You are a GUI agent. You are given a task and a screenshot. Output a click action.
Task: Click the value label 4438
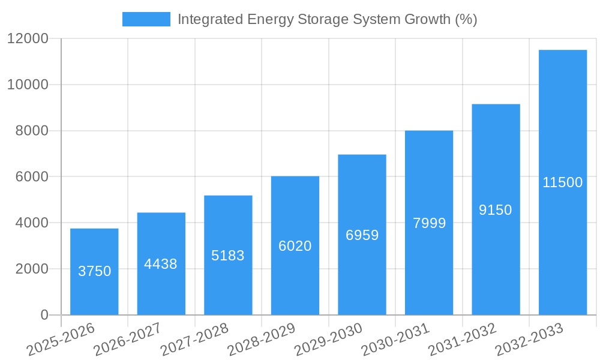pyautogui.click(x=161, y=264)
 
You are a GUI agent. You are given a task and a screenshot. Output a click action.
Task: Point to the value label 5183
pyautogui.click(x=228, y=256)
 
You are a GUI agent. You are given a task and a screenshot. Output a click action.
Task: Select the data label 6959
pyautogui.click(x=362, y=235)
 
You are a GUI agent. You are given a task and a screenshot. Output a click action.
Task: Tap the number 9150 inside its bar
pyautogui.click(x=496, y=210)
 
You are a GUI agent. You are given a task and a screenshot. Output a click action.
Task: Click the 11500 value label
pyautogui.click(x=562, y=182)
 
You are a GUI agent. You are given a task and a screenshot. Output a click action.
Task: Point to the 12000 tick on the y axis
pyautogui.click(x=28, y=39)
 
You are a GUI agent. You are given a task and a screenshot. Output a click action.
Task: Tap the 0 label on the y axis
pyautogui.click(x=44, y=315)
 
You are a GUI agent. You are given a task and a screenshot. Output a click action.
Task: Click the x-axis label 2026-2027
pyautogui.click(x=127, y=340)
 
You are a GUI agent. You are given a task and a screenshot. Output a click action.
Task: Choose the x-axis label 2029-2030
pyautogui.click(x=328, y=340)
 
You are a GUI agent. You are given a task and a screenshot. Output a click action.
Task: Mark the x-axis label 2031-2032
pyautogui.click(x=462, y=340)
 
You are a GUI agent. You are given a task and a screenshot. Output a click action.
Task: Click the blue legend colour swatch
pyautogui.click(x=146, y=19)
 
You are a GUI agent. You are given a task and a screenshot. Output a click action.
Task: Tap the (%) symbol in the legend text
pyautogui.click(x=466, y=19)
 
